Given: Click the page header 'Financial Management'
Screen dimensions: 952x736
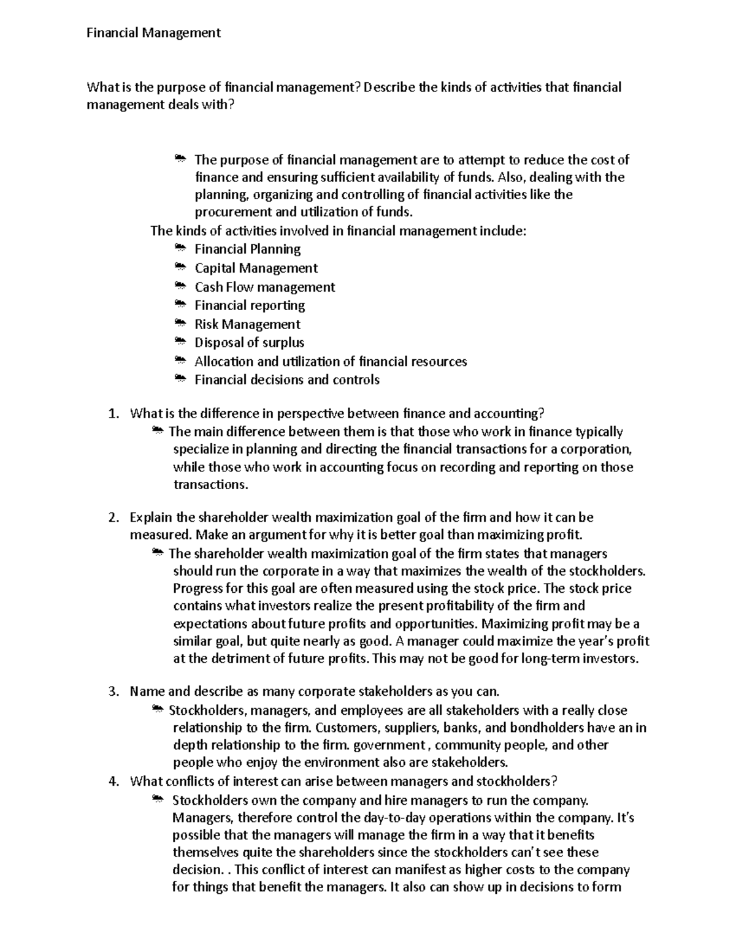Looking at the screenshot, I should click(x=153, y=33).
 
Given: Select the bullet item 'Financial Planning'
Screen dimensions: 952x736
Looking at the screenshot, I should click(x=247, y=249).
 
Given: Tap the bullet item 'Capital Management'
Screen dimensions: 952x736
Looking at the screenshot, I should click(x=256, y=268).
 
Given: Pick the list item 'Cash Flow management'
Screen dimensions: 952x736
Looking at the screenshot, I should click(x=264, y=287).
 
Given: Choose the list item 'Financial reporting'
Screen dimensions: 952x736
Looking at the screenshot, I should click(x=250, y=305).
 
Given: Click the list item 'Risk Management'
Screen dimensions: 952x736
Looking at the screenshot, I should click(x=247, y=324).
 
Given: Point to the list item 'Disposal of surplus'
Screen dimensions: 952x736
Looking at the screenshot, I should click(x=249, y=343).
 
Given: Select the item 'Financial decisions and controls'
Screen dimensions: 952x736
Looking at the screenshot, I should click(x=286, y=380).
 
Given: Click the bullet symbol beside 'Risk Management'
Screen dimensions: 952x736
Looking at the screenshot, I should click(x=180, y=322).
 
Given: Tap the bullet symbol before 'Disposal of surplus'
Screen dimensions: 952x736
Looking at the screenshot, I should click(x=180, y=341).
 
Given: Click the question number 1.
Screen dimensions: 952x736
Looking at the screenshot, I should click(x=112, y=414).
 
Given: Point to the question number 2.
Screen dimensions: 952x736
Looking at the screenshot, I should click(x=112, y=518).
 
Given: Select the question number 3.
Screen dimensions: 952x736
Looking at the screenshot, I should click(x=112, y=692).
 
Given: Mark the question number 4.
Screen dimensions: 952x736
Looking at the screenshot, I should click(x=112, y=782).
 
